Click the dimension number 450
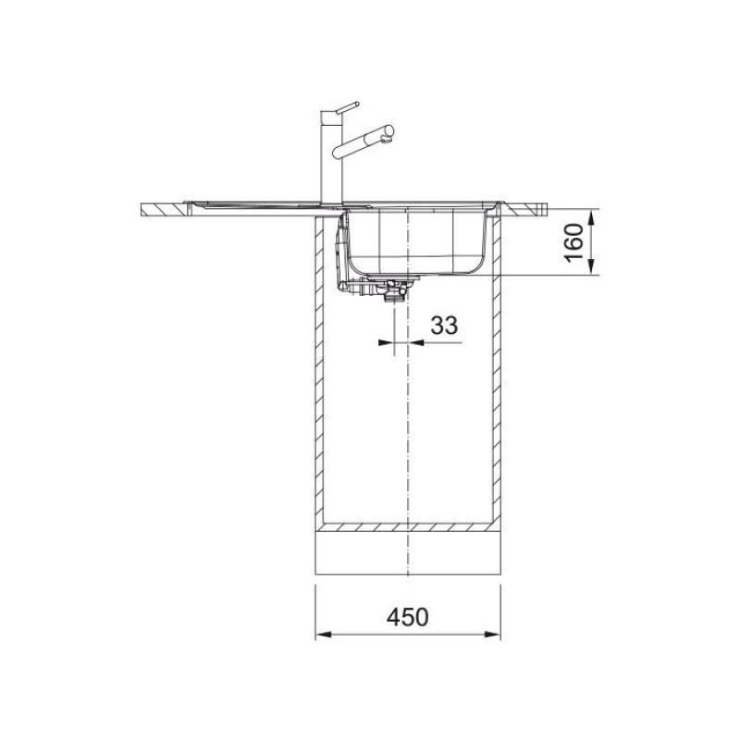(x=407, y=617)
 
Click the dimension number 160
(x=574, y=241)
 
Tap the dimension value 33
(x=444, y=325)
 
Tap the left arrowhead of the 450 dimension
(x=323, y=635)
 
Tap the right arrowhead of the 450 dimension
(x=494, y=635)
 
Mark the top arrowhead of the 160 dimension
(x=593, y=214)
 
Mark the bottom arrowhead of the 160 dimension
(x=593, y=269)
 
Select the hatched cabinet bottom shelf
(x=408, y=528)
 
